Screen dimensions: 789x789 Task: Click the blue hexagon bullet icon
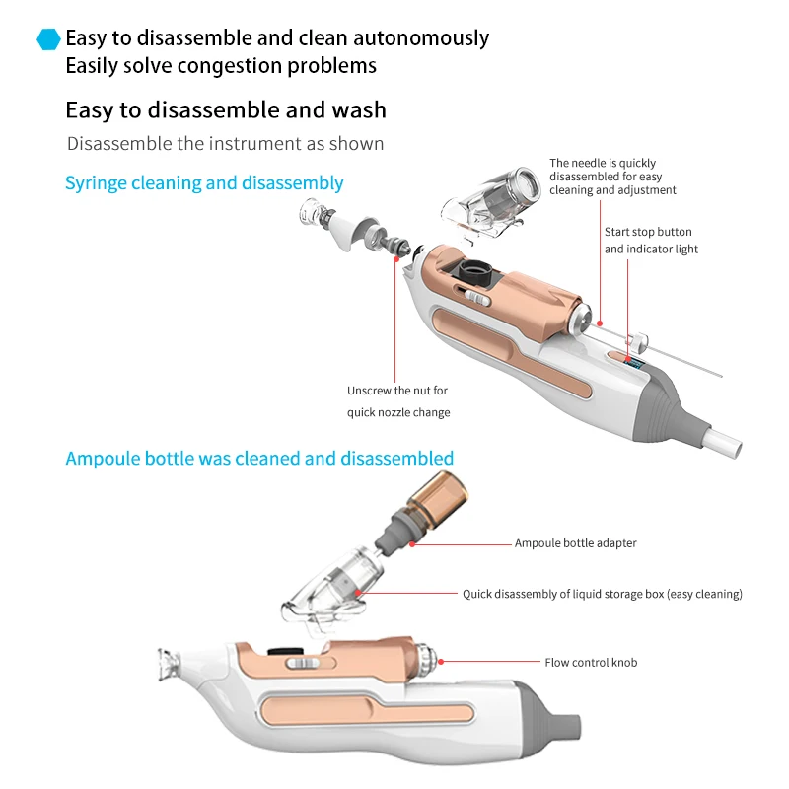click(48, 39)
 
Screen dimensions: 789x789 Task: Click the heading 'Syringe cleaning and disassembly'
click(204, 183)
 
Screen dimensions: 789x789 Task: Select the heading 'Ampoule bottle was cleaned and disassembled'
click(259, 459)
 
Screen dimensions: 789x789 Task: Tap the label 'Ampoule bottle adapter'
click(575, 543)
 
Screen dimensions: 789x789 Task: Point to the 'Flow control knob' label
click(591, 663)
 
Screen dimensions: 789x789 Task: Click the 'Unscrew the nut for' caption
click(397, 391)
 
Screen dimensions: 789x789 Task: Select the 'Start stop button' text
click(648, 232)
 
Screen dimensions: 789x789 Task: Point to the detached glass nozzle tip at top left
click(314, 212)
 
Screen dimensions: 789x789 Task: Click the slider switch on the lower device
click(300, 663)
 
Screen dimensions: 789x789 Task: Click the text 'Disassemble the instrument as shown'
click(225, 144)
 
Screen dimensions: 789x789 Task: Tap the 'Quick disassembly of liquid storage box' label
click(602, 595)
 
